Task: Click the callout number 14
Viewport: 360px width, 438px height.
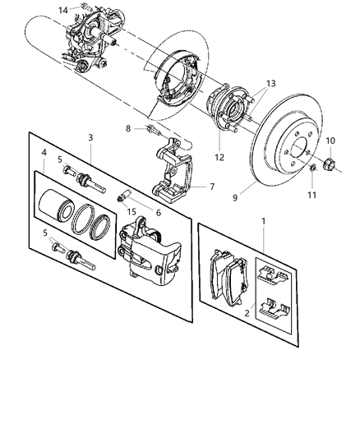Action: (x=63, y=9)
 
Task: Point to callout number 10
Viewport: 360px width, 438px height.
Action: (x=330, y=141)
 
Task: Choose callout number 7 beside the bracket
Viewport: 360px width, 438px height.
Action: (x=212, y=187)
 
